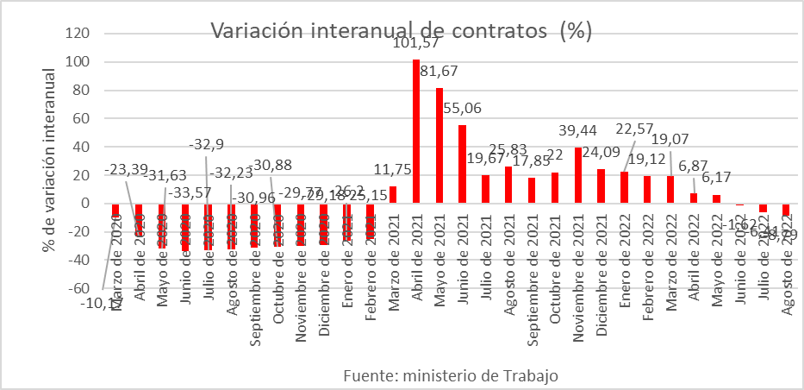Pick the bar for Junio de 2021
pyautogui.click(x=463, y=164)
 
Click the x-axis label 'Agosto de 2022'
pyautogui.click(x=787, y=267)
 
